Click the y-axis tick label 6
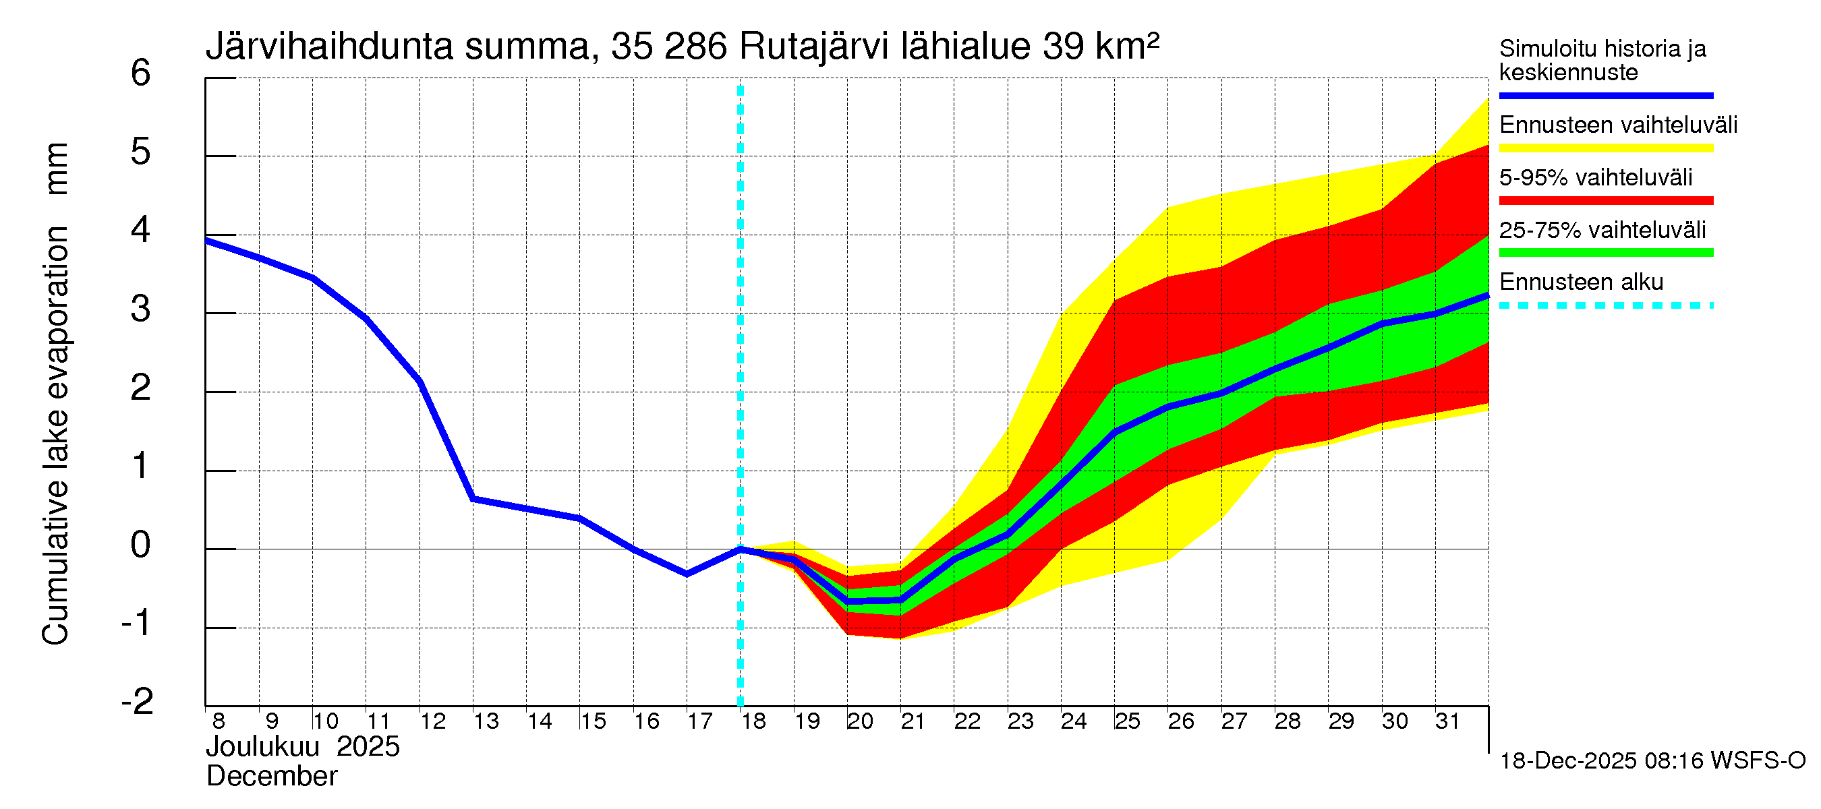(x=141, y=73)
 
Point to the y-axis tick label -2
(x=137, y=702)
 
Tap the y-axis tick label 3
(x=141, y=309)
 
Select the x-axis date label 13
(x=486, y=721)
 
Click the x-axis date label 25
(x=1127, y=721)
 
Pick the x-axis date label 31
(x=1447, y=721)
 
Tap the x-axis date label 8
(x=219, y=721)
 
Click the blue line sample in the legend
(x=1605, y=95)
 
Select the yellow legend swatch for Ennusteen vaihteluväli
(x=1605, y=148)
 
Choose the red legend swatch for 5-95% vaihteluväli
(x=1605, y=201)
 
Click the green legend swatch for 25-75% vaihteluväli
(x=1605, y=253)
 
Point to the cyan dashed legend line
(x=1605, y=306)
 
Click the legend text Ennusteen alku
(x=1581, y=282)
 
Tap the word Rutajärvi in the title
(x=813, y=47)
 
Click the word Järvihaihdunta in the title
(x=328, y=47)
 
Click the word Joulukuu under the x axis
(x=262, y=747)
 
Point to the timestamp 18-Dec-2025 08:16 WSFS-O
(x=1652, y=761)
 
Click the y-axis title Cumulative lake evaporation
(x=55, y=435)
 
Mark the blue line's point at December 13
(x=473, y=499)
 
